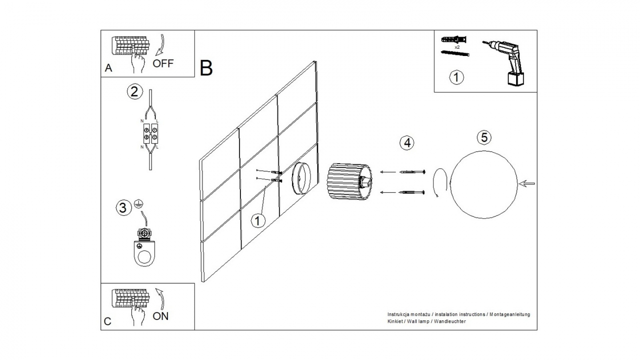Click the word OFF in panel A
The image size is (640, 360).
[163, 63]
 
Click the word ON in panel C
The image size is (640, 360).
[160, 316]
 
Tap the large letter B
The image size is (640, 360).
[206, 68]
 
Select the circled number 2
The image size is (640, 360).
[135, 92]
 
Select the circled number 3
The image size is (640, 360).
[124, 208]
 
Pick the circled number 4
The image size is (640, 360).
[406, 143]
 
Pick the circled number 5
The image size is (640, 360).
[484, 138]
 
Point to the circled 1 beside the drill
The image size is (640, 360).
[456, 77]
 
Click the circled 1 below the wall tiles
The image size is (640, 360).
[258, 220]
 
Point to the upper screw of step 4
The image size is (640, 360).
[413, 172]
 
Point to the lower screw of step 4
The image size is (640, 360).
[413, 192]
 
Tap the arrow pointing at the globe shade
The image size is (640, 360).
[528, 183]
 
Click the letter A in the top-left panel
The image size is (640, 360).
[108, 68]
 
